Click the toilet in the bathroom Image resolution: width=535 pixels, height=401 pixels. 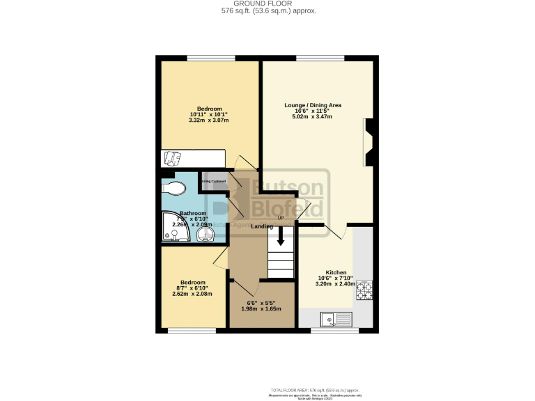[x=172, y=187]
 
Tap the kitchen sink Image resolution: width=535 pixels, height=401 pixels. [x=336, y=320]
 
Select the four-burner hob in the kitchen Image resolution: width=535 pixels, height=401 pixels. [x=364, y=290]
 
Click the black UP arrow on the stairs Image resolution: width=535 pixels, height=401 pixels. [x=281, y=237]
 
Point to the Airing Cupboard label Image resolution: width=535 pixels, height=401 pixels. [x=214, y=182]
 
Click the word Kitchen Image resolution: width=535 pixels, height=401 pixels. [x=336, y=272]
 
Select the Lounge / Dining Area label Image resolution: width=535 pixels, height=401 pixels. [x=312, y=105]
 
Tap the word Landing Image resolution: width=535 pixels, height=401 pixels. [x=261, y=226]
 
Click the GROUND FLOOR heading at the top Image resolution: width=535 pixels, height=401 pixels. [x=267, y=3]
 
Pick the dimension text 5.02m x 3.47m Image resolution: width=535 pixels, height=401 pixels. [x=312, y=117]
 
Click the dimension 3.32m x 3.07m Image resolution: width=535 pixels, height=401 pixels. [x=208, y=120]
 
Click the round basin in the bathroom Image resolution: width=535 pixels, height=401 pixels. [x=205, y=235]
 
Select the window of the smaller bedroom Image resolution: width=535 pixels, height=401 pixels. [x=187, y=331]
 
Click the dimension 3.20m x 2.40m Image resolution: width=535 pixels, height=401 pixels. [x=335, y=284]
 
